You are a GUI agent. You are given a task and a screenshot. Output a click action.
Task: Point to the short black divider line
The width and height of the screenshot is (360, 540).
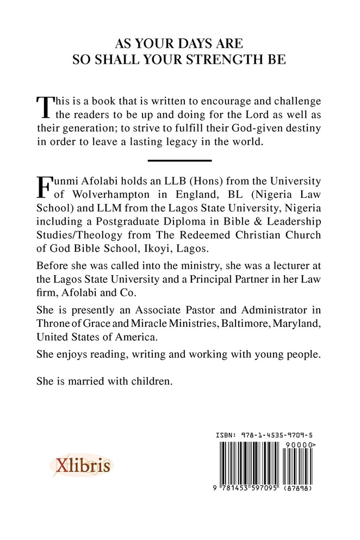[x=179, y=160]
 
